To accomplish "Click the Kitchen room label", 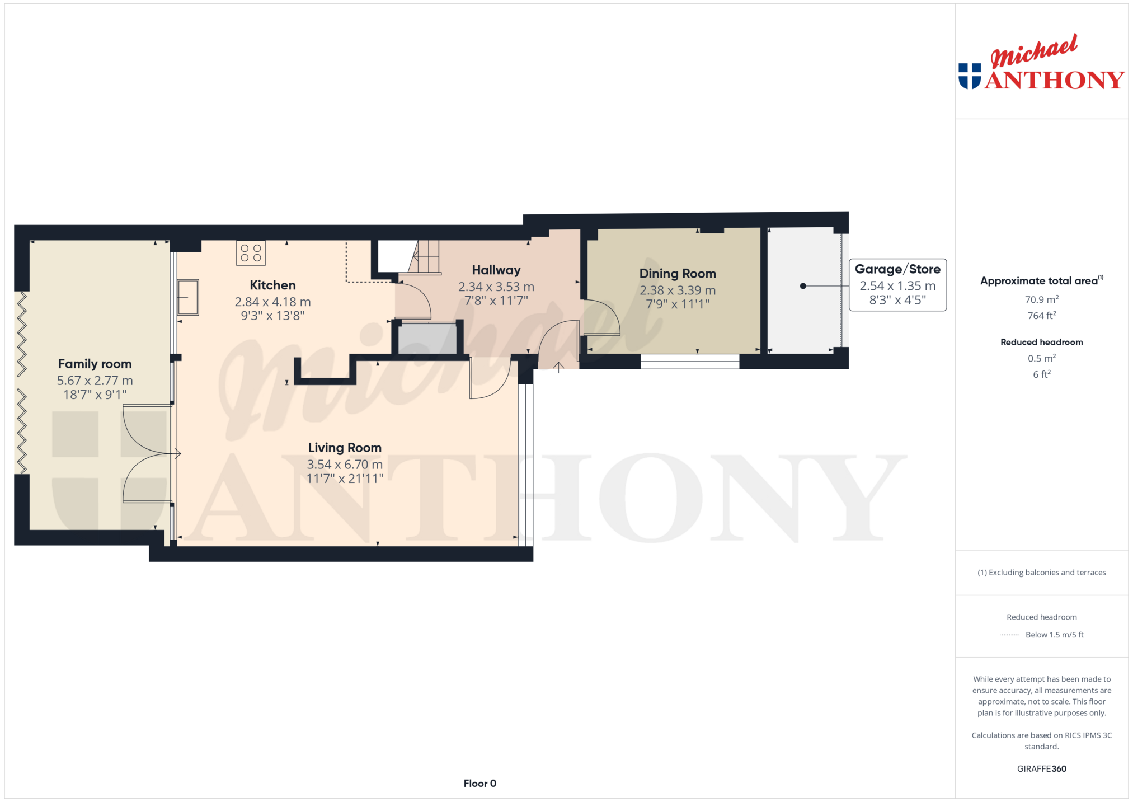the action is [272, 285].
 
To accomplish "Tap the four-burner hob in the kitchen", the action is [251, 253].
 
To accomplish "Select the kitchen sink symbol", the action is [188, 297].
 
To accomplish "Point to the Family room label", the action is [95, 364].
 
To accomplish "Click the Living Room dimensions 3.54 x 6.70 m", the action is [345, 465].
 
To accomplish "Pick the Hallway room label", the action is [496, 270].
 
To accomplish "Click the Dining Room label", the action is [678, 274].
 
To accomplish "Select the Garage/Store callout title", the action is [897, 269].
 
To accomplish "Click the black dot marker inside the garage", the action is [803, 286].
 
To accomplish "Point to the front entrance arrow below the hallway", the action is [558, 367].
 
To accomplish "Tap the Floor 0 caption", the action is [480, 784].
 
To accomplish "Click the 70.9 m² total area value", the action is [1042, 299].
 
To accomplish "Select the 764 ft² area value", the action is [1042, 316].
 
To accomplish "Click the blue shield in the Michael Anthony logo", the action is [970, 76].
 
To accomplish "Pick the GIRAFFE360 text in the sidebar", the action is [1042, 769].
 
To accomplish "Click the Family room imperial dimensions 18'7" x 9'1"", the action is [95, 395].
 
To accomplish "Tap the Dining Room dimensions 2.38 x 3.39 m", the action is [678, 290].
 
